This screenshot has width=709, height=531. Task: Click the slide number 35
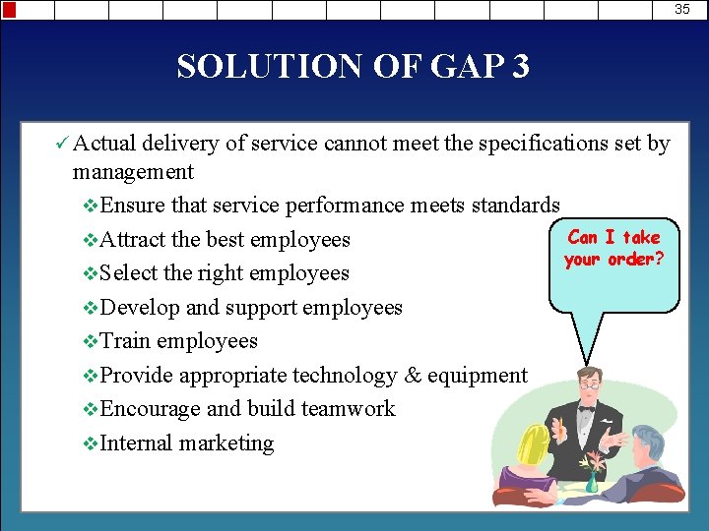tap(682, 9)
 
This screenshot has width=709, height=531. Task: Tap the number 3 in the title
tap(519, 67)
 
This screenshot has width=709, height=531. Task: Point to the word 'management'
tap(133, 172)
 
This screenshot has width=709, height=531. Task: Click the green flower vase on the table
tap(592, 482)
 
